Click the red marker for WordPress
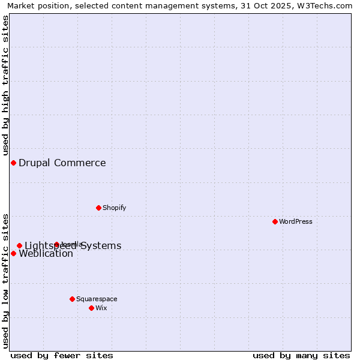(x=275, y=221)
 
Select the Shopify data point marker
(x=98, y=208)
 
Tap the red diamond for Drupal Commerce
(x=13, y=163)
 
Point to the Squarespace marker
(x=72, y=299)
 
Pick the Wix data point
(x=91, y=308)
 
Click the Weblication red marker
(x=13, y=253)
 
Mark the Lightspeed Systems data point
(x=19, y=245)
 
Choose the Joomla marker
(x=56, y=244)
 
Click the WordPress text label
(x=295, y=221)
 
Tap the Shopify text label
(x=114, y=208)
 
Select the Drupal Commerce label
(x=62, y=163)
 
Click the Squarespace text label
(x=97, y=299)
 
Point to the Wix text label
(x=101, y=308)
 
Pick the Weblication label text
(x=46, y=254)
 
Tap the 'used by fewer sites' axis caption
(x=62, y=355)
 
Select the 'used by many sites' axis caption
(x=301, y=355)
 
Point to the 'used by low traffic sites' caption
(x=5, y=281)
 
